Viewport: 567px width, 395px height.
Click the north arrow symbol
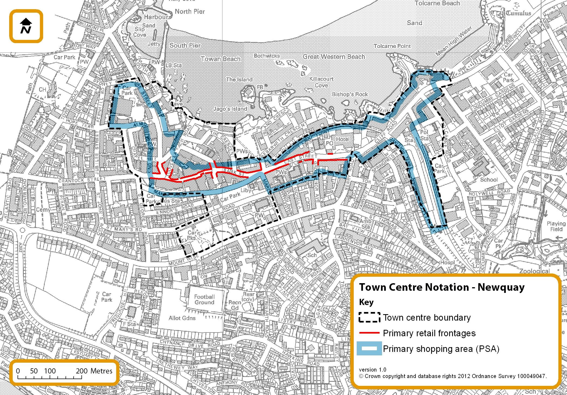click(26, 26)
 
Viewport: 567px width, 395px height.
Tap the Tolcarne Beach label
click(437, 3)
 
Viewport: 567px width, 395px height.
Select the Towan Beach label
click(221, 59)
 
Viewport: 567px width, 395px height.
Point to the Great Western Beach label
click(334, 57)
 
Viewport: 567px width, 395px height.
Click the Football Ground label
click(204, 299)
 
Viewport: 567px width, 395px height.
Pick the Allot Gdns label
click(182, 318)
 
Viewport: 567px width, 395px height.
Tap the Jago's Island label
click(230, 109)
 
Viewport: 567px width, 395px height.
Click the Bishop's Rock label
click(350, 94)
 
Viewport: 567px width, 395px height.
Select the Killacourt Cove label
click(321, 82)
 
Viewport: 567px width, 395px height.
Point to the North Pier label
click(190, 12)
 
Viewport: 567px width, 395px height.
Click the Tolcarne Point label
click(392, 46)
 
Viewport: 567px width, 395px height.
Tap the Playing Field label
click(556, 226)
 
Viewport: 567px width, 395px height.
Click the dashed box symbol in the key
click(369, 317)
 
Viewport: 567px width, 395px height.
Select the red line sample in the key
click(369, 333)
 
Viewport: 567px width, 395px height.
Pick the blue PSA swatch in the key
click(369, 349)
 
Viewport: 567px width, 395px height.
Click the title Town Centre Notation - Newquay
click(442, 287)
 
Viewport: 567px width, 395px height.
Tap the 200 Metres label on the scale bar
click(94, 371)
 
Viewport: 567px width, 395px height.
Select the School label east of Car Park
click(489, 180)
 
